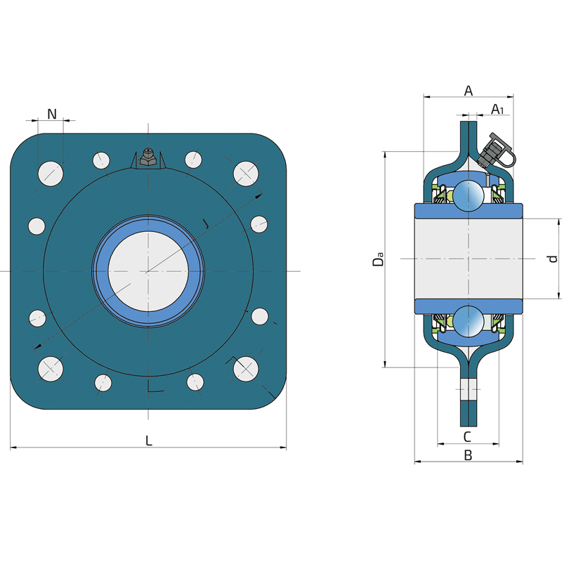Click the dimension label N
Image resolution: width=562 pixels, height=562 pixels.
pos(52,114)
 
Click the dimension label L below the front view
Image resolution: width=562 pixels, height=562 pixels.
pos(149,440)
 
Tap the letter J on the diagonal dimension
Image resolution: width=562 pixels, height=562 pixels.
pos(205,223)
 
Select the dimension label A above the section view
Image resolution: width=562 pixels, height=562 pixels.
pos(469,91)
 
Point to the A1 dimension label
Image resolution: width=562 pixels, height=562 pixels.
pos(497,109)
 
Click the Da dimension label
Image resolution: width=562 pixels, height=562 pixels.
pos(378,259)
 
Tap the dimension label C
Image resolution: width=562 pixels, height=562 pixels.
pos(467,437)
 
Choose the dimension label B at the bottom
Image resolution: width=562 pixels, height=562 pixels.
pos(468,455)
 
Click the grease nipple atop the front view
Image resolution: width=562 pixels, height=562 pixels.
pos(148,157)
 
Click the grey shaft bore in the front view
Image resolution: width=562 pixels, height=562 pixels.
pos(148,271)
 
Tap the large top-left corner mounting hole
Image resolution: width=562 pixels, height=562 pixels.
pos(51,174)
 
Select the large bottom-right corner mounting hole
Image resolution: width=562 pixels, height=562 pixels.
pos(246,369)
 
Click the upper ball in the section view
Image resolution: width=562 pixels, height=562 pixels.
pos(468,196)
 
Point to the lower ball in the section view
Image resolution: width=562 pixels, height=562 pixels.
pos(468,322)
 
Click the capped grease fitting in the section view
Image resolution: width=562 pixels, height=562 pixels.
pos(497,151)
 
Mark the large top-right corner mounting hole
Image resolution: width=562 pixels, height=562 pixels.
pos(246,174)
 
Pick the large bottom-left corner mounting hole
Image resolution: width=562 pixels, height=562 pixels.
pos(51,369)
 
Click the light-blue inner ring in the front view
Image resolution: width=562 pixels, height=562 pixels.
pos(148,271)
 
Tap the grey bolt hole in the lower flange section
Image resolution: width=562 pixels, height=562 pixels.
pos(469,389)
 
